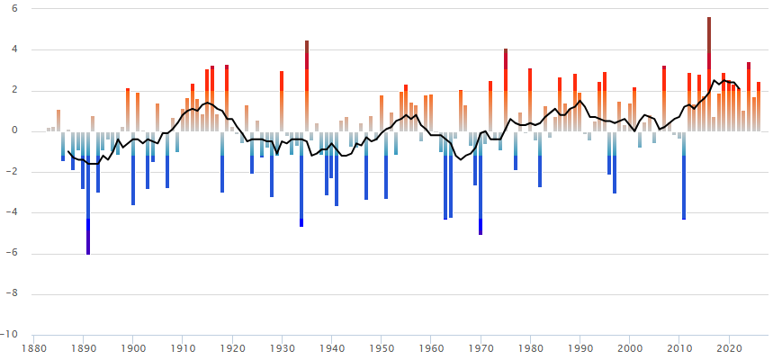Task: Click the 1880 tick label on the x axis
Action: [34, 346]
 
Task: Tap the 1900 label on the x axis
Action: [133, 346]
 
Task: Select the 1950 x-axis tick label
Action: [382, 346]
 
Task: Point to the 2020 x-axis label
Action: [729, 346]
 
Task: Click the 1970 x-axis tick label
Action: [481, 346]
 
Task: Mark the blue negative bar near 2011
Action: [684, 180]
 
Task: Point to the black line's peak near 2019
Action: [724, 79]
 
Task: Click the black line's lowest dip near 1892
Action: [90, 164]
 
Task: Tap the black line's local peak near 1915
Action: [207, 103]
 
